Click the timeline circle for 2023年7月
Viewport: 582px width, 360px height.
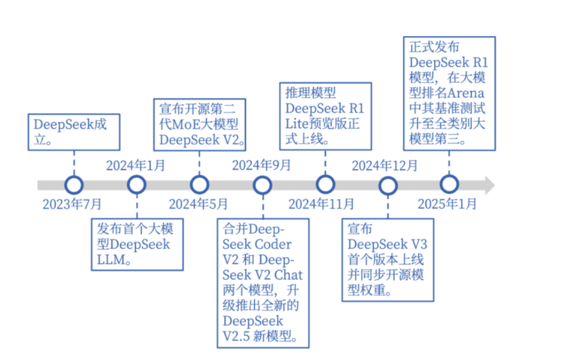tap(73, 185)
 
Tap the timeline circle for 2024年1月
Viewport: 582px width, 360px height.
tap(136, 185)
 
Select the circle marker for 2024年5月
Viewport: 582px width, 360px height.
tap(199, 185)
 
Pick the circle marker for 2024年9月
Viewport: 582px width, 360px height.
tap(262, 185)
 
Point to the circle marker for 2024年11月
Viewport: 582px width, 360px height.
tap(325, 185)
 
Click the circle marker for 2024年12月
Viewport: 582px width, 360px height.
tap(388, 185)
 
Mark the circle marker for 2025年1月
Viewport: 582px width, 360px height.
tap(449, 185)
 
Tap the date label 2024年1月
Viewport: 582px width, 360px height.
tap(136, 164)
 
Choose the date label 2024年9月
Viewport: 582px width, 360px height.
tap(261, 164)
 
